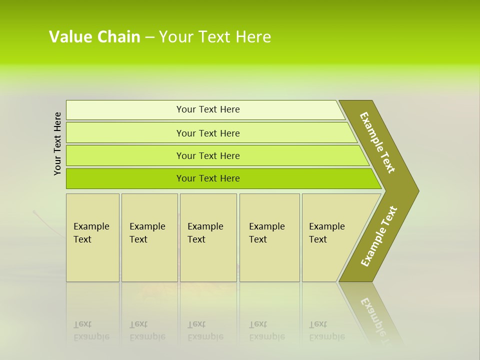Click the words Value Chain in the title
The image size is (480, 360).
coord(94,37)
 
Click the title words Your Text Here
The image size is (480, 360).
coord(215,37)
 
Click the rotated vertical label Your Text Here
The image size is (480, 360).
coord(57,143)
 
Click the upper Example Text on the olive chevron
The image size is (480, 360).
coord(377,142)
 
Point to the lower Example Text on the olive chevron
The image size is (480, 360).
coord(378,236)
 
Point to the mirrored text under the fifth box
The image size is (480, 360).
coord(327,330)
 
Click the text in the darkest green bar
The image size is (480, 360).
coord(208,178)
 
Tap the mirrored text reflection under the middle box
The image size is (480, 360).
coord(205,330)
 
